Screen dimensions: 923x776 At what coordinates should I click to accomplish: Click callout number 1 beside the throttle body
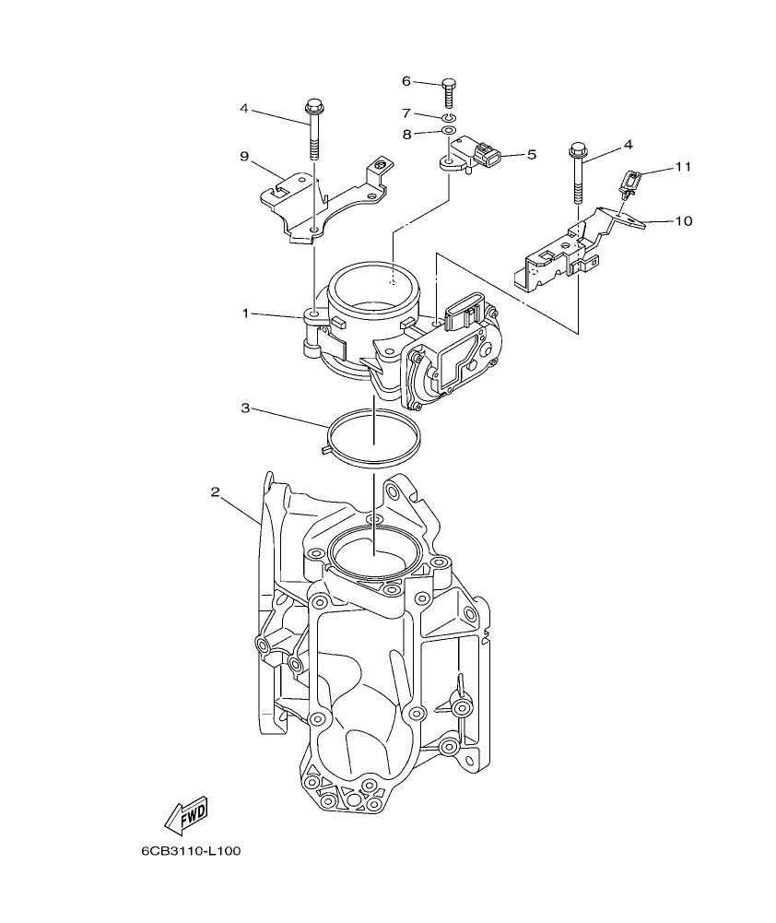(x=246, y=314)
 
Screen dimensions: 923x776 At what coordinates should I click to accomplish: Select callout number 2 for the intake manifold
(x=215, y=492)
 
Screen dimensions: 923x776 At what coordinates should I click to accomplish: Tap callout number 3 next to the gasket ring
(x=245, y=407)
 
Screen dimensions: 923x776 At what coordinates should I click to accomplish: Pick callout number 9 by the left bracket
(x=245, y=157)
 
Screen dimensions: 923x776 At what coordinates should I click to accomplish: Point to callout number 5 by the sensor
(x=531, y=155)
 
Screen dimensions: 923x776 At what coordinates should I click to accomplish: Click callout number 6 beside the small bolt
(x=406, y=81)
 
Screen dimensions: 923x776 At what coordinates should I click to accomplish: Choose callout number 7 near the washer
(x=406, y=112)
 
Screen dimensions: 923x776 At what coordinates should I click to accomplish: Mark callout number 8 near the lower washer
(x=406, y=134)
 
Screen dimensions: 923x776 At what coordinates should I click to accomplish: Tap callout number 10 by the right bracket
(x=683, y=221)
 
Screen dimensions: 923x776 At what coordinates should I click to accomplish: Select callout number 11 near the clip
(x=682, y=167)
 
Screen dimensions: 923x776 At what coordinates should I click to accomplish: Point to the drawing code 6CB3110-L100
(x=191, y=852)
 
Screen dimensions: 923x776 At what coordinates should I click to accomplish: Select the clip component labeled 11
(x=630, y=182)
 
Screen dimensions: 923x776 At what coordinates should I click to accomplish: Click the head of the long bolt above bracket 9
(x=313, y=104)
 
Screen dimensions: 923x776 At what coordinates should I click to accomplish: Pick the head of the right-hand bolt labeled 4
(x=579, y=149)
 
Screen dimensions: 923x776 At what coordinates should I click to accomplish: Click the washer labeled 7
(x=448, y=118)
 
